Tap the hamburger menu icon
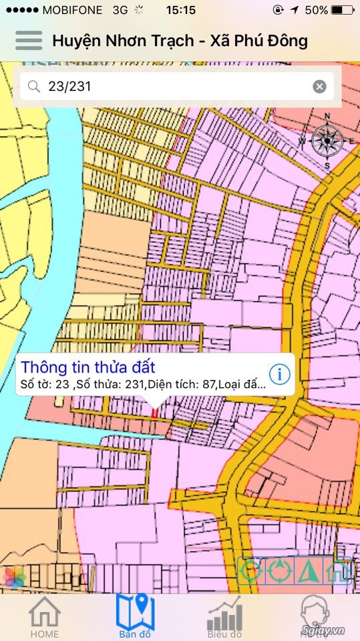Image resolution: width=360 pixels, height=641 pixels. (x=29, y=40)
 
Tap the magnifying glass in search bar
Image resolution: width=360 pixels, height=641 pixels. (x=33, y=86)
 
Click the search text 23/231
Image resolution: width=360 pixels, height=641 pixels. (x=69, y=86)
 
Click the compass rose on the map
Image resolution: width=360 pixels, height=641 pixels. (x=327, y=140)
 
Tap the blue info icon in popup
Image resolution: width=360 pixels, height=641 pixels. (x=279, y=375)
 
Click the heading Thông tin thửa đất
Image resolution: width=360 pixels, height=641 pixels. (x=88, y=367)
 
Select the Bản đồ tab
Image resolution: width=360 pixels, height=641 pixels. (x=135, y=616)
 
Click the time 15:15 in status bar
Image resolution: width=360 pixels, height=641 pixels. (x=180, y=10)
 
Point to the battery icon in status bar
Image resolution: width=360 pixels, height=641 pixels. (x=343, y=10)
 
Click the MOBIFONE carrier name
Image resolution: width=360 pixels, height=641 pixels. (x=71, y=10)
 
